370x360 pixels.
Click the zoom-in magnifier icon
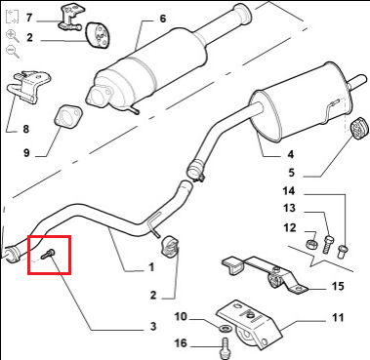(x=13, y=36)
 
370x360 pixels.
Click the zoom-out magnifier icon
(x=13, y=52)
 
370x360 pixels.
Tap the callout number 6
(x=163, y=19)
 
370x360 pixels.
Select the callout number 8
(x=25, y=129)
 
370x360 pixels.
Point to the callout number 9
(x=26, y=152)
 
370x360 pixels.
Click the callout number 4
(x=291, y=154)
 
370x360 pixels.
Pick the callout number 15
(x=338, y=286)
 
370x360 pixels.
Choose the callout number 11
(x=338, y=317)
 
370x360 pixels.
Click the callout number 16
(x=181, y=342)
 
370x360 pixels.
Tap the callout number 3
(x=153, y=326)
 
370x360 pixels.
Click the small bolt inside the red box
(x=49, y=254)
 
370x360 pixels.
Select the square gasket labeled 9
(x=67, y=116)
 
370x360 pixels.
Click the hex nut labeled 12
(x=312, y=243)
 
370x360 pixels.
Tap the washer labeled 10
(x=225, y=328)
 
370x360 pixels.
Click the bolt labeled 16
(x=226, y=347)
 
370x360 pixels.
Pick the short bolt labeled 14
(x=343, y=252)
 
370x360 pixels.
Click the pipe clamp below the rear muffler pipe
(x=196, y=172)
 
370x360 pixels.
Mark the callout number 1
(x=151, y=267)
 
